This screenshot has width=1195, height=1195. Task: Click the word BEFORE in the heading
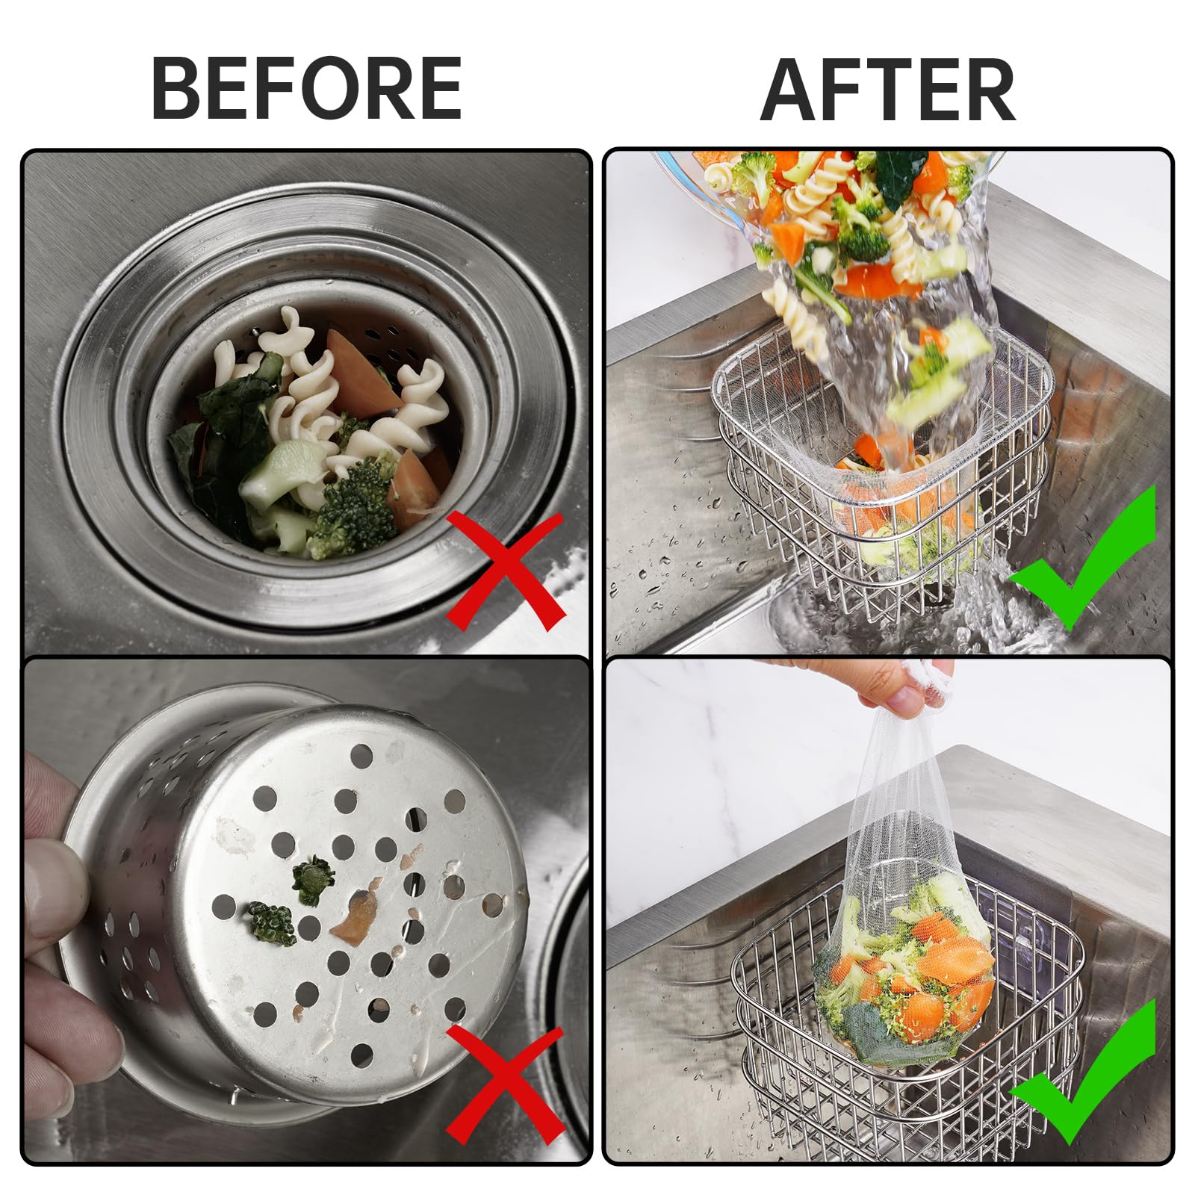(x=307, y=88)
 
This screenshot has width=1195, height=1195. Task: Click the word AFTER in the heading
(x=889, y=90)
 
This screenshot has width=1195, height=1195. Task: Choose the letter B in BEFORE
(x=176, y=88)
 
